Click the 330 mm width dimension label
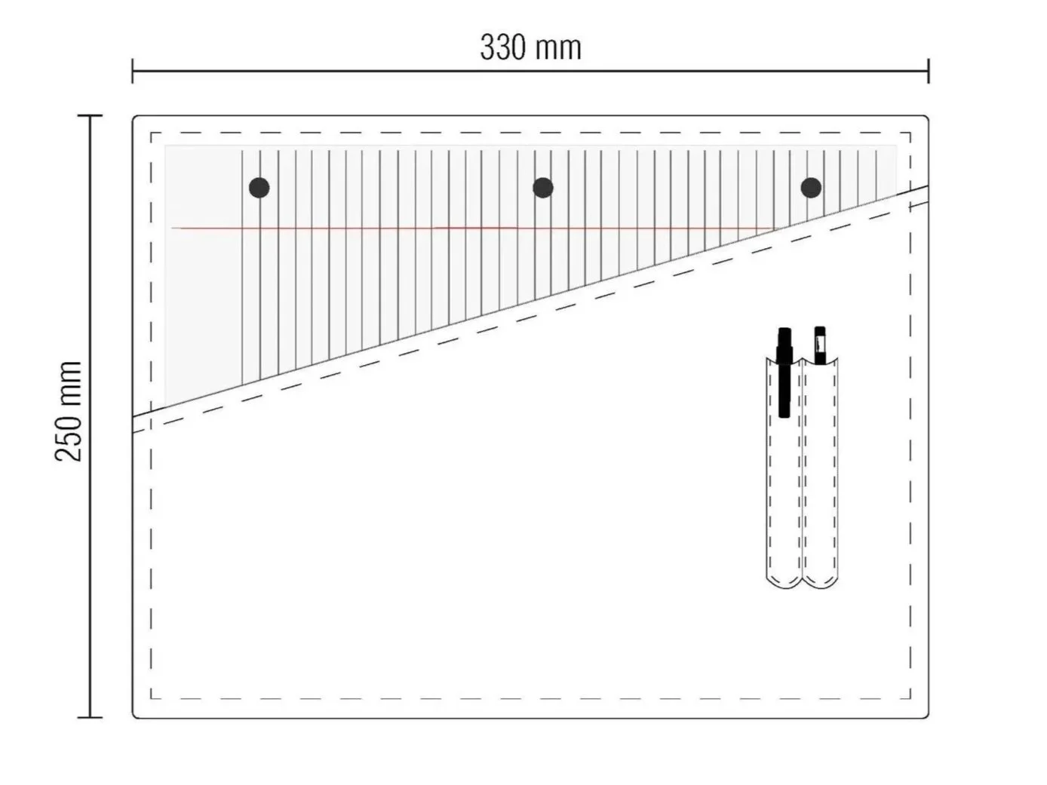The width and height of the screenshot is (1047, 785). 530,48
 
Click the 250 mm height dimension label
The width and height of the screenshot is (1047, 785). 69,411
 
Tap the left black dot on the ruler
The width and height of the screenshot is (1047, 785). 259,188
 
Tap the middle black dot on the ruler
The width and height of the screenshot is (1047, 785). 543,188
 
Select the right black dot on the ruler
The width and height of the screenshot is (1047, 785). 811,188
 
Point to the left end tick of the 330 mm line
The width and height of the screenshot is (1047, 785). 133,72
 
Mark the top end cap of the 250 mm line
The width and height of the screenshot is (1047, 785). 90,116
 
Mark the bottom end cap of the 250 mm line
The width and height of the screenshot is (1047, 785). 90,717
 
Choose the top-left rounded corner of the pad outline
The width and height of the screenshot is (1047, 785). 136,119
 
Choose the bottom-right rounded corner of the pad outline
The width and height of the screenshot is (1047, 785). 926,715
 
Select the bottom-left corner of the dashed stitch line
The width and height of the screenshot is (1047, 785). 152,700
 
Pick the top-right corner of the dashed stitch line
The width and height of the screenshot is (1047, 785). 910,133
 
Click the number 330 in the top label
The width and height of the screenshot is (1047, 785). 502,48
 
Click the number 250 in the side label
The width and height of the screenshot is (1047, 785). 69,437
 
